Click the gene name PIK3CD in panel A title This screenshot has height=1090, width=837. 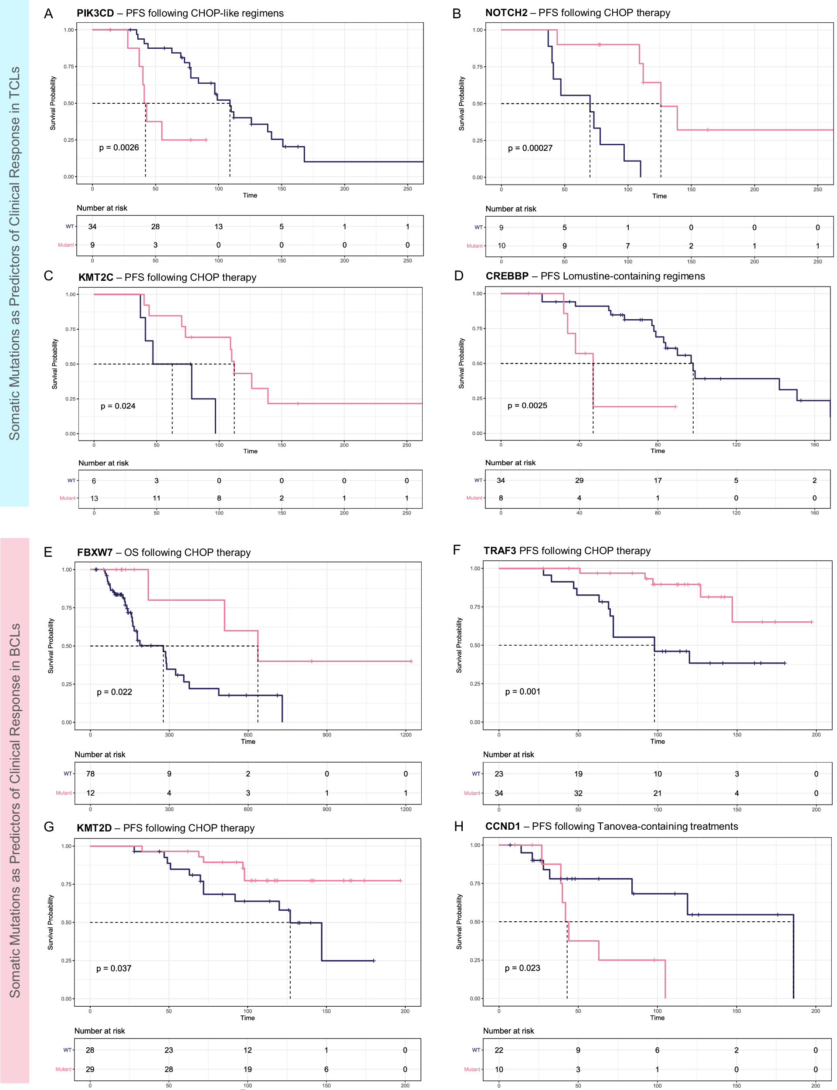pos(95,13)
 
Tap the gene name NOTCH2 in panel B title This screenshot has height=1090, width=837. pos(506,13)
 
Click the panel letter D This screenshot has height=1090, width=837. pos(458,276)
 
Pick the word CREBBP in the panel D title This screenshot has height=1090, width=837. pos(507,276)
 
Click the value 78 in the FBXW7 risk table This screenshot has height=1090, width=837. pos(90,773)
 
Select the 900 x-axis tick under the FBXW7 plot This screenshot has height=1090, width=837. pos(326,735)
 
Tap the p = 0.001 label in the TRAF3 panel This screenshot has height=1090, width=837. pos(522,691)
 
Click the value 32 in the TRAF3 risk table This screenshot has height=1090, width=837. pos(578,793)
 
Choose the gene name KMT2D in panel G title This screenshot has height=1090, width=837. pos(94,828)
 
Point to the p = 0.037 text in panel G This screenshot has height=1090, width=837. pos(114,968)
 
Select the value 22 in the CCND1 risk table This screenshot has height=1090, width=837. pos(499,1050)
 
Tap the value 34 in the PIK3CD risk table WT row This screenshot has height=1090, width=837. pos(92,226)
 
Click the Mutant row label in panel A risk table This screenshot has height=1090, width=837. pos(65,245)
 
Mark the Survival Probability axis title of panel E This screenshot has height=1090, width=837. pos(50,646)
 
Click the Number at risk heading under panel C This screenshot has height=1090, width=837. pos(103,463)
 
